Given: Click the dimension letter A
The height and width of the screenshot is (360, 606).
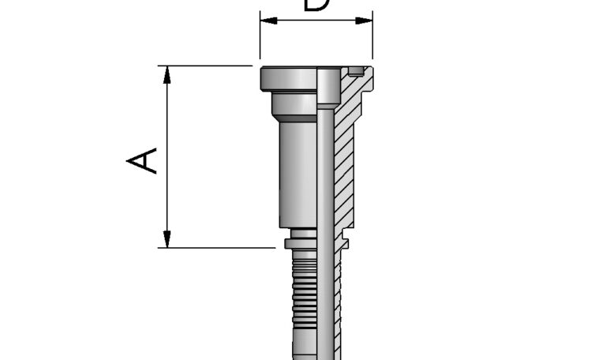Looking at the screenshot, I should pyautogui.click(x=143, y=159).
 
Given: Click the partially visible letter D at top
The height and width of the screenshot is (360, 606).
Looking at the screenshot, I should pyautogui.click(x=316, y=5).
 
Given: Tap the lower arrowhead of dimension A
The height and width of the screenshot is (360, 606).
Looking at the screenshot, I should pyautogui.click(x=167, y=238).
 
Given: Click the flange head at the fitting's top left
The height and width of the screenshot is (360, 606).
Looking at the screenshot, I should pyautogui.click(x=288, y=79).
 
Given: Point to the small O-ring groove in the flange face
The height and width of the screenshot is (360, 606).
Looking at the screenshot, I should pyautogui.click(x=357, y=73).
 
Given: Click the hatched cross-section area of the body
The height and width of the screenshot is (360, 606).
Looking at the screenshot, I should pyautogui.click(x=345, y=158).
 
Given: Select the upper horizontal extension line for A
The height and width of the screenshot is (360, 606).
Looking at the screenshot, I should pyautogui.click(x=205, y=66).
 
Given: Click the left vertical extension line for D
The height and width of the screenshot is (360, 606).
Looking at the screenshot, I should pyautogui.click(x=260, y=39).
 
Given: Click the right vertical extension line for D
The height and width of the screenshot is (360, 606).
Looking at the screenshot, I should pyautogui.click(x=372, y=39).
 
